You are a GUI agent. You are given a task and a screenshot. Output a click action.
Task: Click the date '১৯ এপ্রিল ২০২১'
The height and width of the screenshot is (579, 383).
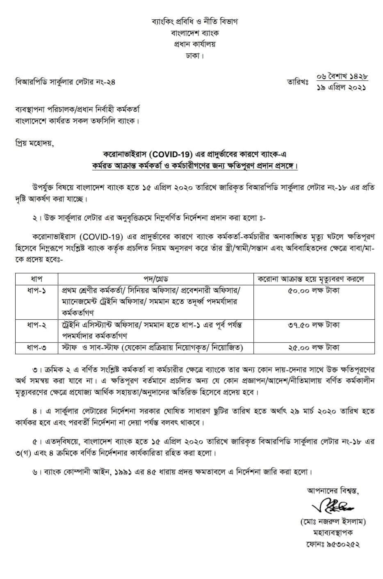pyautogui.click(x=342, y=87)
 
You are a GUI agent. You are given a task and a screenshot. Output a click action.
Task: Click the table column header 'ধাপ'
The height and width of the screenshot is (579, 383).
pyautogui.click(x=37, y=279)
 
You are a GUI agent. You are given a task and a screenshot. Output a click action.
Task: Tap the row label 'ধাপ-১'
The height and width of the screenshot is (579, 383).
pyautogui.click(x=37, y=291)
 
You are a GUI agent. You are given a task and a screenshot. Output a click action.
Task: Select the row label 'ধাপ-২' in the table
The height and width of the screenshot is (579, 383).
pyautogui.click(x=37, y=325)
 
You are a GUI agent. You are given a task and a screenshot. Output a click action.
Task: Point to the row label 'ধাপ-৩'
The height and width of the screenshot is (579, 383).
pyautogui.click(x=37, y=348)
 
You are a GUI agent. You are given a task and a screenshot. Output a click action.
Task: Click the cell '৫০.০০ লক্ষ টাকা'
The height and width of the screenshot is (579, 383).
pyautogui.click(x=314, y=291)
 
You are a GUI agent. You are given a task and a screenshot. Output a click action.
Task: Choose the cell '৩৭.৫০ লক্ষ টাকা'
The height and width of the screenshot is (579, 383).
pyautogui.click(x=314, y=325)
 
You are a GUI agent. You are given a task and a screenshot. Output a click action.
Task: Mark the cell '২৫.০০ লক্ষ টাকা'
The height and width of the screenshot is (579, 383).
pyautogui.click(x=314, y=348)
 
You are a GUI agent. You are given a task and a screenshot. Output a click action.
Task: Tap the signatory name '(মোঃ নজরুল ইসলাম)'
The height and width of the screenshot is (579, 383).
pyautogui.click(x=333, y=522)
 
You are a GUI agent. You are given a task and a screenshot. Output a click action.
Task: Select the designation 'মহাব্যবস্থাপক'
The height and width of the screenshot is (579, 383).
pyautogui.click(x=333, y=533)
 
